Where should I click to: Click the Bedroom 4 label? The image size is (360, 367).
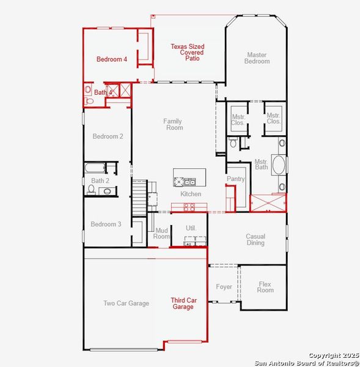[112, 59]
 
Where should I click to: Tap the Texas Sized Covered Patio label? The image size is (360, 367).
[188, 53]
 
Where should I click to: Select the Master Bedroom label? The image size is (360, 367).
[257, 58]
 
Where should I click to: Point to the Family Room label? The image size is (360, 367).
[173, 124]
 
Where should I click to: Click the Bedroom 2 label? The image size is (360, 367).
[108, 136]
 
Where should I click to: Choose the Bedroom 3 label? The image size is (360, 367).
[106, 224]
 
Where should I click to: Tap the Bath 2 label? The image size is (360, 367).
[100, 180]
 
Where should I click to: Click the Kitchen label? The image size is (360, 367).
[191, 194]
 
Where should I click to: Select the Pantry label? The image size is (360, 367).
[235, 179]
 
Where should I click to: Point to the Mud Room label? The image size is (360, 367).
[161, 233]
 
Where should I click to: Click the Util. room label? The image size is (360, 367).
[191, 228]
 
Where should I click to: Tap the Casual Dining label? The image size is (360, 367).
[255, 240]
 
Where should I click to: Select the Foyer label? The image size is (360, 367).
[224, 287]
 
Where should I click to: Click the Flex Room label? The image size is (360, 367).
[265, 287]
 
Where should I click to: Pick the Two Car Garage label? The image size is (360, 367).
[126, 303]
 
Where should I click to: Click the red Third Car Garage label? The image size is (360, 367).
[183, 303]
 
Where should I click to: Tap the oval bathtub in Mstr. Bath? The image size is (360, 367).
[279, 165]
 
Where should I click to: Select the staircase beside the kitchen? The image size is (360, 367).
[140, 197]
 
